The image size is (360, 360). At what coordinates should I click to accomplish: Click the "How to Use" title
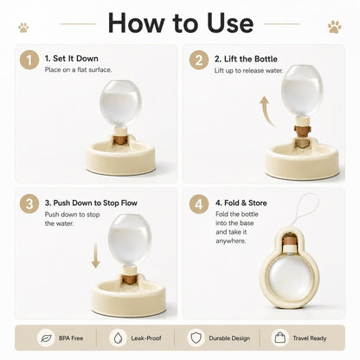coord(181,23)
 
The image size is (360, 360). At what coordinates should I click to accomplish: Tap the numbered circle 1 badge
coord(29,60)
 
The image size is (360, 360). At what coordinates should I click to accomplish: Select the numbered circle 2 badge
coord(199,60)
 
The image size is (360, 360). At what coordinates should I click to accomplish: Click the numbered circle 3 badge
coord(29,203)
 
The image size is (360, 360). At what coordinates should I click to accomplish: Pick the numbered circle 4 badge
coord(199,203)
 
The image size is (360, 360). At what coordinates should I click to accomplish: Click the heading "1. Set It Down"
coord(72,59)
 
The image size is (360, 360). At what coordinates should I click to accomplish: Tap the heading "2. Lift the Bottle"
coord(246,59)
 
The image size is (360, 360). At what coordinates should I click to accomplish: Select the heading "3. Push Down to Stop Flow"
coord(91,202)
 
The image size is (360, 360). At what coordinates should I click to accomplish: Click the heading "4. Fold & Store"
coord(241,202)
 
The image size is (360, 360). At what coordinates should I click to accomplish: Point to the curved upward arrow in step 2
coord(266,112)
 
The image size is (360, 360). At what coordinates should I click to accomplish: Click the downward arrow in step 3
coord(95,255)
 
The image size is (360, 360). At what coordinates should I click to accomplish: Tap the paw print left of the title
coord(23,28)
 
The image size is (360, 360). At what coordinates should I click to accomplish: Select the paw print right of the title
coord(334,27)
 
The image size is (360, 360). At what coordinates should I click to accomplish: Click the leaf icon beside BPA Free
coord(46,338)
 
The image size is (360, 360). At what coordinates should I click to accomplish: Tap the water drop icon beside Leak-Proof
coord(118,338)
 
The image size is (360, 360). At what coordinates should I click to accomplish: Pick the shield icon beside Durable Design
coord(196,337)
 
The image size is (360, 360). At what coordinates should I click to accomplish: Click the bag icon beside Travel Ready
coord(280,337)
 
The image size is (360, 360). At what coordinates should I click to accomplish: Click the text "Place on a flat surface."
coord(78,70)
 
